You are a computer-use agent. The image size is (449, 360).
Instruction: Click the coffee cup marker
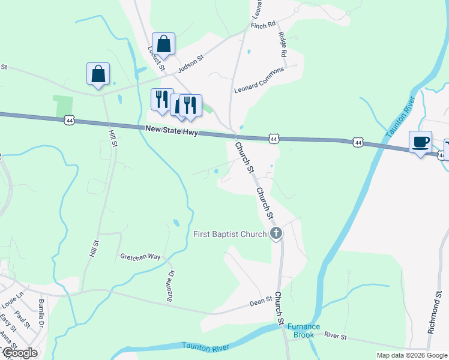[x=420, y=142]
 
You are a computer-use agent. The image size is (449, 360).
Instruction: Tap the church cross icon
[x=276, y=233]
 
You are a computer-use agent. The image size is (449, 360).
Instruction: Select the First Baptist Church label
[x=229, y=234]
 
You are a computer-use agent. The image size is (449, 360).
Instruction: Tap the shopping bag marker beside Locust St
[x=163, y=44]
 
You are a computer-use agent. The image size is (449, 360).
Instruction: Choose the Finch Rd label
[x=262, y=25]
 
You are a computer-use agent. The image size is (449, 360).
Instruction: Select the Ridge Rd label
[x=283, y=44]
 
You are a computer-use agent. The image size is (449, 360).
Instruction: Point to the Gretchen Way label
[x=140, y=257]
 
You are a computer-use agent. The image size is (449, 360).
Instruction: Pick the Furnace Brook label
[x=300, y=331]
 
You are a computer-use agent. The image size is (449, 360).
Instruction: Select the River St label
[x=336, y=337]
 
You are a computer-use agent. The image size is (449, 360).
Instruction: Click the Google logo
[x=19, y=353]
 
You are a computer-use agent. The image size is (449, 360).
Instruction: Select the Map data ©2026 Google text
[x=411, y=355]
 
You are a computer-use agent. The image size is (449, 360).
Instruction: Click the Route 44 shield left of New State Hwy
[x=70, y=121]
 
